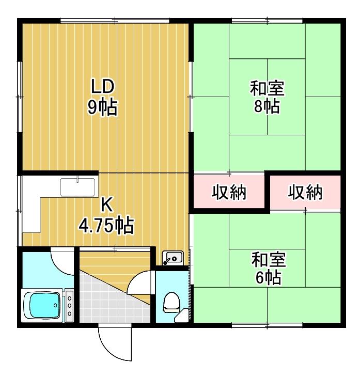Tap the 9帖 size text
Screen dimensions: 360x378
tap(102, 107)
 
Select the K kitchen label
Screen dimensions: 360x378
tap(106, 204)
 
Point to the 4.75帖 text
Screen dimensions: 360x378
tap(106, 225)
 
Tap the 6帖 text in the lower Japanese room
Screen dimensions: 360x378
tap(268, 277)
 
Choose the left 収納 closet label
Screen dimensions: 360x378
tap(229, 192)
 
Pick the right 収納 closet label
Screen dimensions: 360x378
tap(305, 192)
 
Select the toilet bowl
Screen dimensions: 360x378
tap(171, 302)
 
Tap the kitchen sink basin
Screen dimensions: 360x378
tap(77, 187)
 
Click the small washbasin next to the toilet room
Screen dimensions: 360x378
tap(173, 258)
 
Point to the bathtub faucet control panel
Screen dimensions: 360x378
tap(69, 306)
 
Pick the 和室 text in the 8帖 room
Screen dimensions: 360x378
tap(267, 88)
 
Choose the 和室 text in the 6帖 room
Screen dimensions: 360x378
tap(269, 260)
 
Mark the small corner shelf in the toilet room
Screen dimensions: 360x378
tap(182, 316)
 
